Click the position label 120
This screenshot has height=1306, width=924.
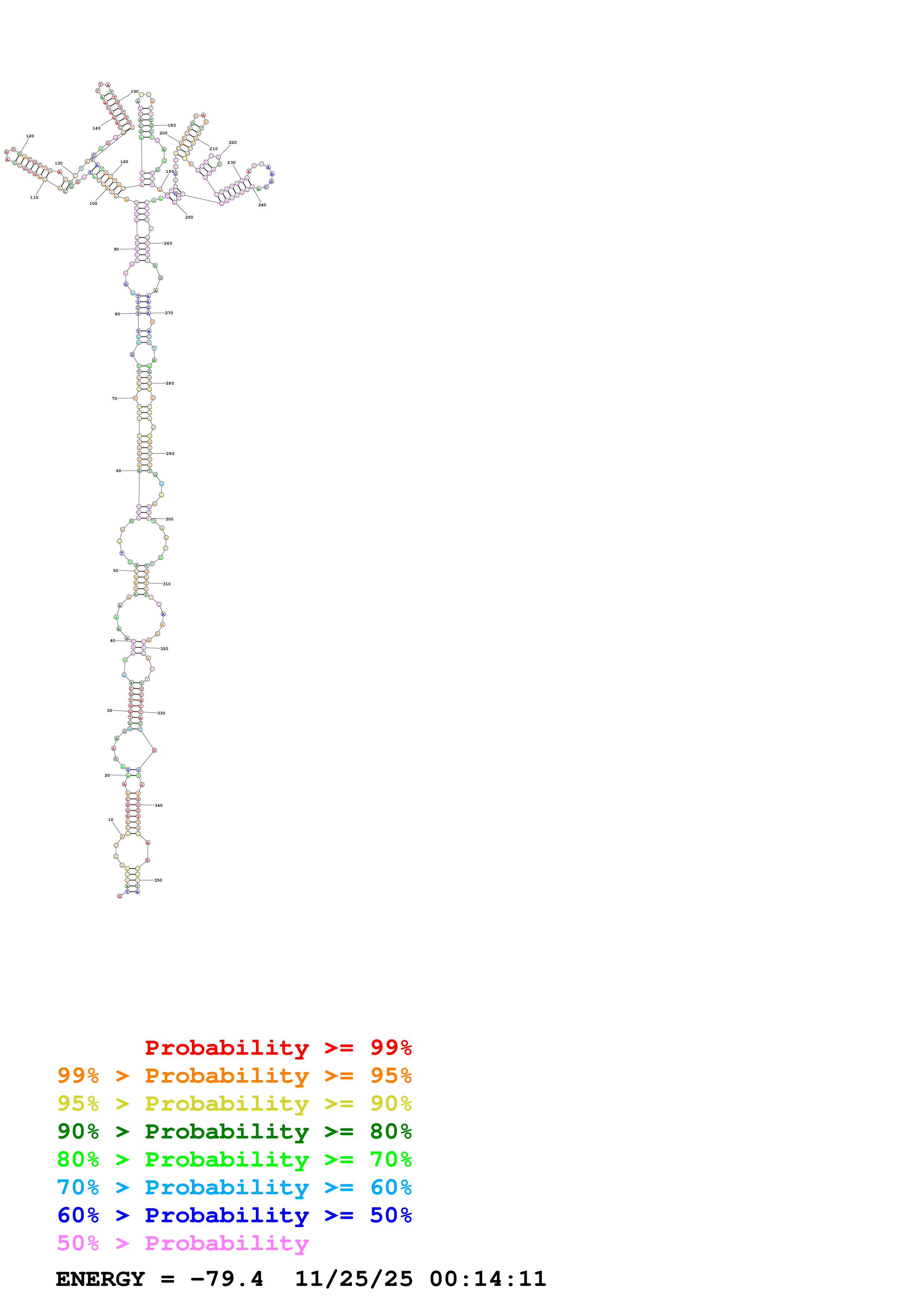pos(30,136)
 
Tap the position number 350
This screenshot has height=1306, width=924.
pos(158,880)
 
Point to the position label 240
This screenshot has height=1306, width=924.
pos(262,205)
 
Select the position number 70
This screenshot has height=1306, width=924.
pos(114,398)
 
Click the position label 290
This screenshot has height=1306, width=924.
pos(170,453)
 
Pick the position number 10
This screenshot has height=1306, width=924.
pos(110,820)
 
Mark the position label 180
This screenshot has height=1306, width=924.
pos(172,125)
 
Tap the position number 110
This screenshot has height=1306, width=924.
pos(34,197)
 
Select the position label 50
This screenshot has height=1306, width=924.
pos(116,570)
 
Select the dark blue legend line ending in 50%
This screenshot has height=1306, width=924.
pos(234,1215)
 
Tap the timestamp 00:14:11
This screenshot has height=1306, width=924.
pos(488,1279)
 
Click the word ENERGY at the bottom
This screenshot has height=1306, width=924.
pos(100,1279)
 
